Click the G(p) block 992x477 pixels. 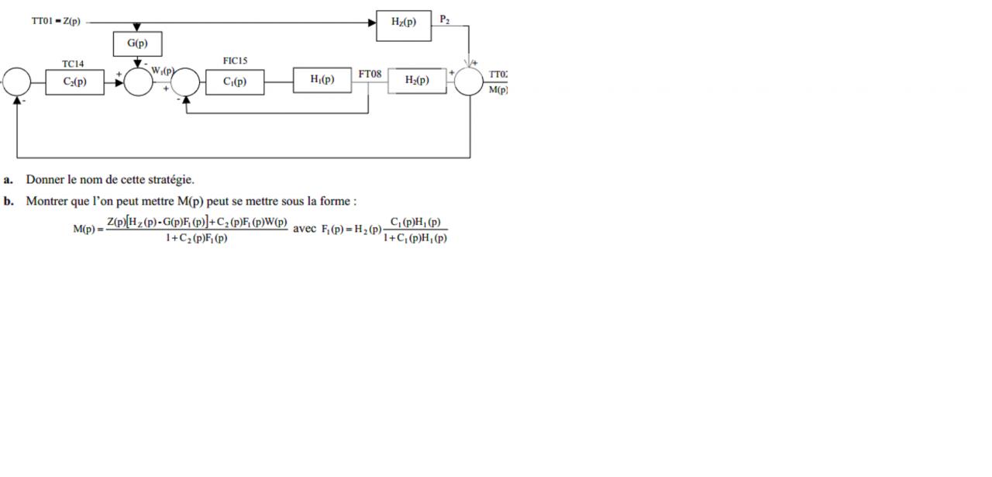point(137,43)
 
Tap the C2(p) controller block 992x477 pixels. point(74,81)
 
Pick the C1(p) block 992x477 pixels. point(234,81)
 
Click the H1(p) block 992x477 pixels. point(322,80)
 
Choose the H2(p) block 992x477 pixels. point(417,81)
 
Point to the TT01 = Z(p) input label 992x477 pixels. point(56,22)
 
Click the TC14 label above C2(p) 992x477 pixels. point(73,64)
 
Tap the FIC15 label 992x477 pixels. point(235,60)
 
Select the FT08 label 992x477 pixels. point(370,74)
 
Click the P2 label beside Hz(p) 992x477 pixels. point(444,19)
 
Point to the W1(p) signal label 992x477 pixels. point(162,71)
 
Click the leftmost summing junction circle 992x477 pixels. point(17,81)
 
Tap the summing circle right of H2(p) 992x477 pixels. point(468,81)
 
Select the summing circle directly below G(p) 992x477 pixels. point(138,81)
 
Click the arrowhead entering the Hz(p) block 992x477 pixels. point(372,23)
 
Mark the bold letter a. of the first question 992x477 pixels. point(9,180)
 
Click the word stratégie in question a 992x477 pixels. point(170,180)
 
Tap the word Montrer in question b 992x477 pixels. point(45,202)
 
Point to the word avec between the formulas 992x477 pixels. point(305,229)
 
